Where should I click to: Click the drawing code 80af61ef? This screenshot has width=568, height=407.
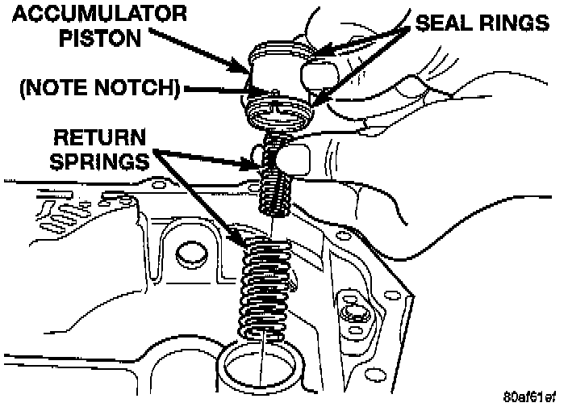529,397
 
